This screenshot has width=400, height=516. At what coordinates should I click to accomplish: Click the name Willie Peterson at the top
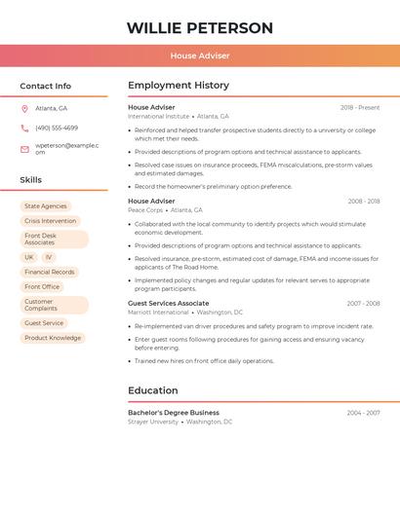tap(200, 28)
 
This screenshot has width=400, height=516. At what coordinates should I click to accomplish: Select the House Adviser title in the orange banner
tap(200, 56)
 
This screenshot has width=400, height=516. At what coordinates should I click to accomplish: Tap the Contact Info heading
tap(46, 86)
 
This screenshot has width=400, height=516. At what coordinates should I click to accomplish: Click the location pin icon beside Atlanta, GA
tap(24, 108)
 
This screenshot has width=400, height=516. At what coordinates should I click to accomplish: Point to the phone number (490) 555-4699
tap(57, 128)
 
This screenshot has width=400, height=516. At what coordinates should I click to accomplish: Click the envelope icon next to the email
tap(24, 149)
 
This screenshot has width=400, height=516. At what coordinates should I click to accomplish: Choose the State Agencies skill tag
tap(46, 206)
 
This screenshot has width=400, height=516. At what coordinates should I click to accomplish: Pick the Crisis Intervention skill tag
tap(51, 221)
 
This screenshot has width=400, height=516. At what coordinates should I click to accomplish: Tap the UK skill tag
tap(29, 257)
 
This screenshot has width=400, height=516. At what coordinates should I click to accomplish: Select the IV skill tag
tap(49, 257)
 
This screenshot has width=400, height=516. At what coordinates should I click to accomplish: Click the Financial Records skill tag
tap(50, 272)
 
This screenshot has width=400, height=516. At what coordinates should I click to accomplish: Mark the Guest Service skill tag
tap(44, 323)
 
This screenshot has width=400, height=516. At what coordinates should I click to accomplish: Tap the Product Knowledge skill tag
tap(53, 338)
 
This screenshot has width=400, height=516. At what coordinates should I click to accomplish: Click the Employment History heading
tap(179, 86)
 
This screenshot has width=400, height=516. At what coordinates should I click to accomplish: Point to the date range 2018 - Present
tap(360, 107)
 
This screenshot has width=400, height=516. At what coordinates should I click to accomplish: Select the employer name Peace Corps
tap(144, 210)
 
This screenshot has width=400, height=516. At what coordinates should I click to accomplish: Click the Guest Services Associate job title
tap(169, 303)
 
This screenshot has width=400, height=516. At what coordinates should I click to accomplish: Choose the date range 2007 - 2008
tap(363, 303)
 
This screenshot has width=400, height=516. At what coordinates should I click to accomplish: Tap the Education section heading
tap(153, 390)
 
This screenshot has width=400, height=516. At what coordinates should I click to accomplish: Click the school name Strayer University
tap(153, 422)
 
